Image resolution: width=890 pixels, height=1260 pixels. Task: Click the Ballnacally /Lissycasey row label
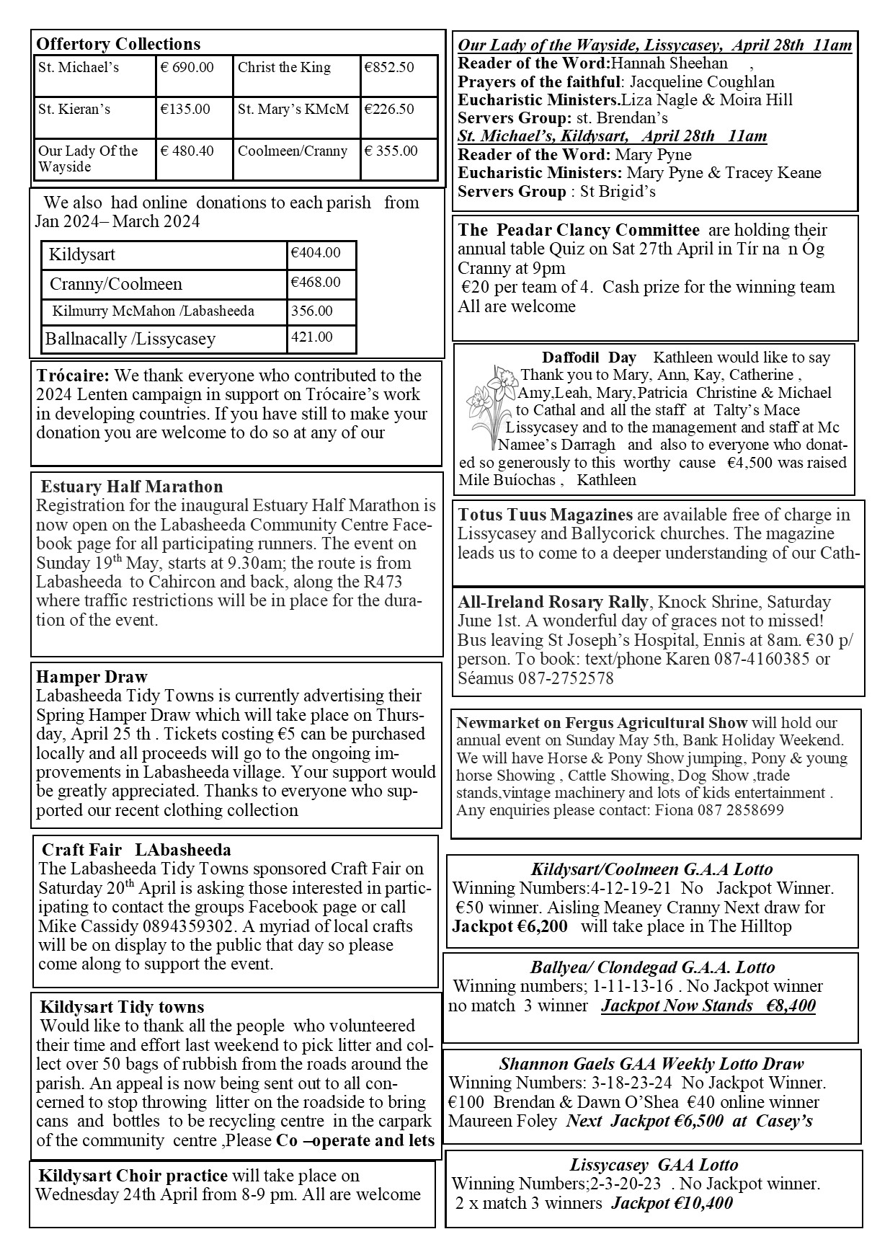tap(130, 339)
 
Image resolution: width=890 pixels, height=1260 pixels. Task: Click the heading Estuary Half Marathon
tap(132, 487)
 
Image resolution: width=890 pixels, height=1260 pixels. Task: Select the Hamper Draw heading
tap(92, 677)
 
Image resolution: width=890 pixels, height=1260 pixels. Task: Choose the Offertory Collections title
tap(118, 44)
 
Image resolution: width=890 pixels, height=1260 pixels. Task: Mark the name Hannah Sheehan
tap(669, 63)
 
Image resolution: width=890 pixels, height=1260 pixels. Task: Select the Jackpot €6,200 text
tap(509, 926)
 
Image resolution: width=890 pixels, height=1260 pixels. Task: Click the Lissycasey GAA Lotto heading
tap(654, 1165)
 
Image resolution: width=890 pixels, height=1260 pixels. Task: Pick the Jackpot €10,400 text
tap(672, 1203)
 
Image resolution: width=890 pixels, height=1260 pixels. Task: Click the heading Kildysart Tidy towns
tap(122, 1007)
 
